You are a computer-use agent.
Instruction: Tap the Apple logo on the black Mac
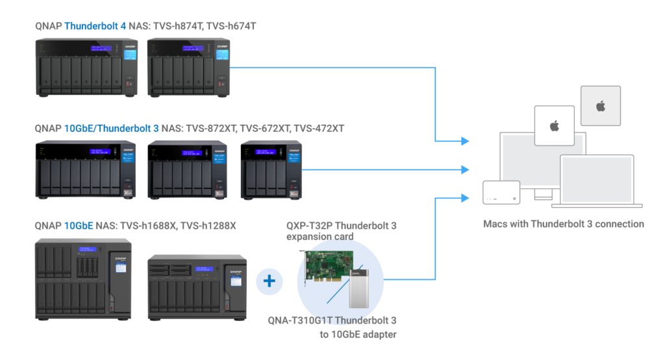554,125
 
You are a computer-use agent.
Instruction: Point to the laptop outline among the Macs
597,181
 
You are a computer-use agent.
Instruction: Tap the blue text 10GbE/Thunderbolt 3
112,129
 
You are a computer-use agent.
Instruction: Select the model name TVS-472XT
319,129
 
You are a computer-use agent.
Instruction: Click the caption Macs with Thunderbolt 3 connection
564,224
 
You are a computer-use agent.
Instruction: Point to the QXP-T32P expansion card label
342,231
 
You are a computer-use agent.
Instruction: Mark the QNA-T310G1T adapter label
332,327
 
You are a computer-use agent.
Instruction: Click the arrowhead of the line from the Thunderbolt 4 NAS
464,141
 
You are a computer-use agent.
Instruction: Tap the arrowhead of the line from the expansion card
464,197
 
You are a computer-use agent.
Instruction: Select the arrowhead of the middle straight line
464,170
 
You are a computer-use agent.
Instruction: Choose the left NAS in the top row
86,68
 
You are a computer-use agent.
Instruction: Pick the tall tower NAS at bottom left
83,279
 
